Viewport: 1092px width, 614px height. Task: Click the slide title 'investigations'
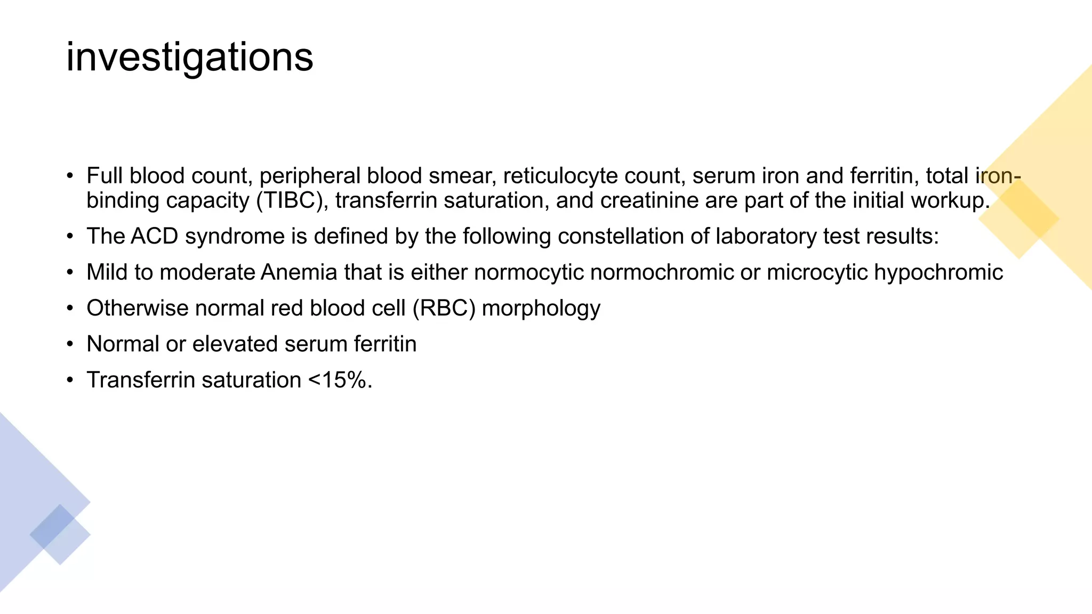(x=189, y=58)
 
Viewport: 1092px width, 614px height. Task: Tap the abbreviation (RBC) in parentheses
(x=444, y=309)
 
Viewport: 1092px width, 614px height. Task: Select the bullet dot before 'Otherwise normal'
(x=70, y=309)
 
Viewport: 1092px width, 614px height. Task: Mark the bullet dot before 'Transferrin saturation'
(x=70, y=380)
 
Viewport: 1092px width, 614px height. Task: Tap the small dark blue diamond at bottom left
(x=52, y=527)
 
